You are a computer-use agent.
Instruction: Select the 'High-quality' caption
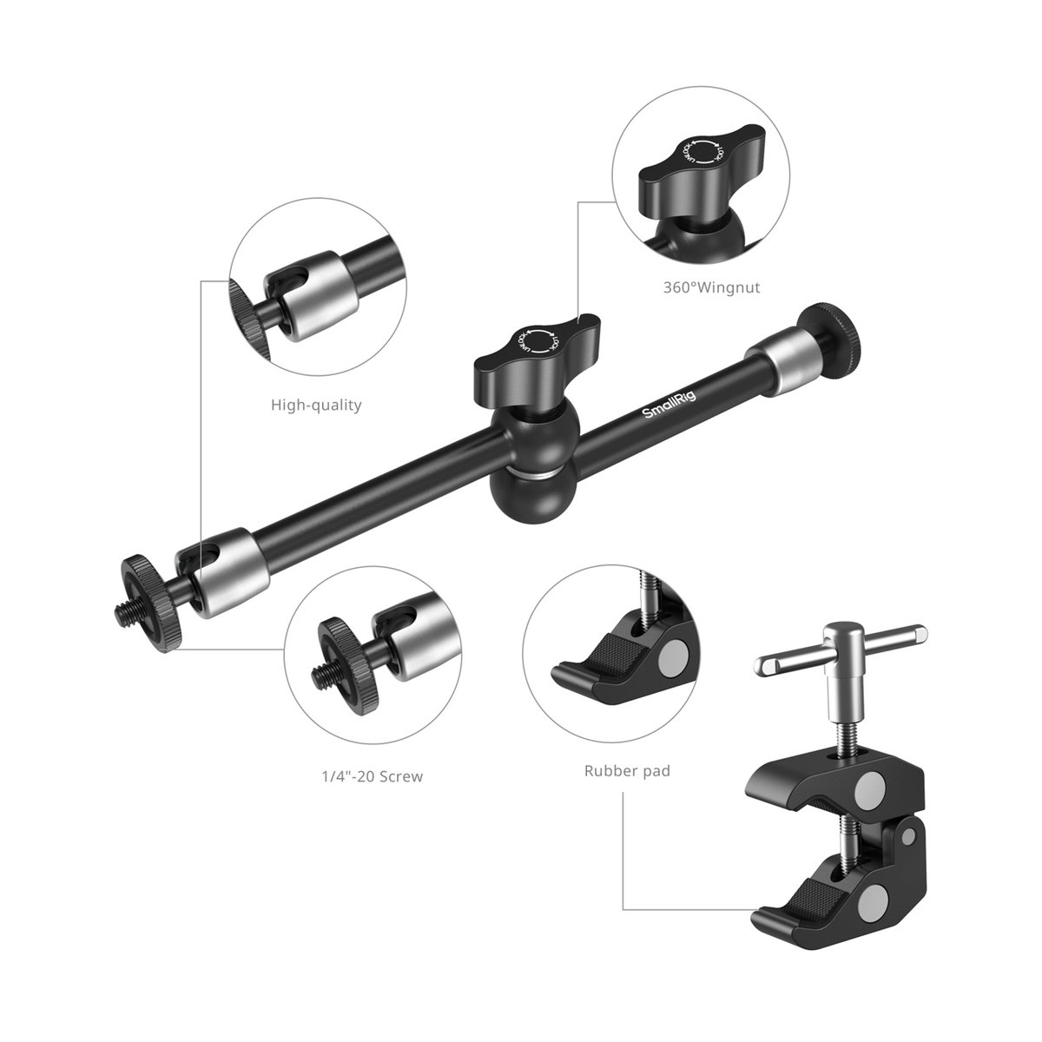(315, 405)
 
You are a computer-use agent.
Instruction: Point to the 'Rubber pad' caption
(627, 770)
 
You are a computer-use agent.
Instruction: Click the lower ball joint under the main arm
(518, 498)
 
